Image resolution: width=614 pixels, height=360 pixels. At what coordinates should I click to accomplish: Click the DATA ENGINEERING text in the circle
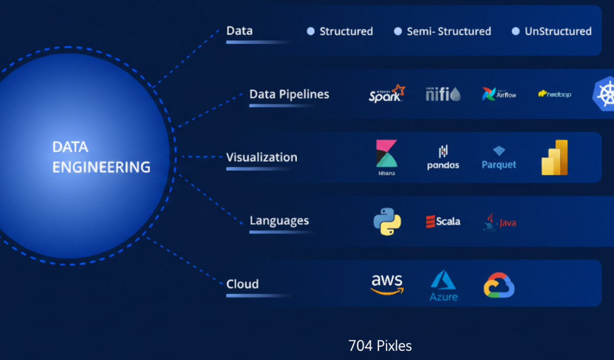click(x=101, y=157)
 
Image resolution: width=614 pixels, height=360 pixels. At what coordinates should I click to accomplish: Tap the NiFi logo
click(x=443, y=94)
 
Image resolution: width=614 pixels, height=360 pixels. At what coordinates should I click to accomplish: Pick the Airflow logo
click(x=499, y=94)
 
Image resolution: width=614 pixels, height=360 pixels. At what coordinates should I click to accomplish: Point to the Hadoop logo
click(x=555, y=95)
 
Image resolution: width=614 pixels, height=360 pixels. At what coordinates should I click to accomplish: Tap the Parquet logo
click(x=499, y=159)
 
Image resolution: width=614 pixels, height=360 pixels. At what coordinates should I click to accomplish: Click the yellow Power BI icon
click(x=555, y=157)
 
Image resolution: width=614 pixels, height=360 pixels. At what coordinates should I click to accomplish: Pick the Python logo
click(x=387, y=221)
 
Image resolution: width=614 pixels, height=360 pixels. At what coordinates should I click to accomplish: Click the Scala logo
click(x=443, y=221)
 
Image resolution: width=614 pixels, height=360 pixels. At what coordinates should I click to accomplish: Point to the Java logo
click(x=499, y=222)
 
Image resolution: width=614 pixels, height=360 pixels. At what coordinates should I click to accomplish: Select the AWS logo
click(x=387, y=284)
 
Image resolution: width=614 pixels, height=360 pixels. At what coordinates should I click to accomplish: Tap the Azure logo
click(x=443, y=285)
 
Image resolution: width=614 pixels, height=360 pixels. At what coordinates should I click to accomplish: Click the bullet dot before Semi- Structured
click(x=398, y=32)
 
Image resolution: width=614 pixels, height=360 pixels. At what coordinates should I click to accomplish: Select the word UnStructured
click(x=558, y=32)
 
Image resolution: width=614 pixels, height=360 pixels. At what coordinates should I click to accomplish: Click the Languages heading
click(x=279, y=221)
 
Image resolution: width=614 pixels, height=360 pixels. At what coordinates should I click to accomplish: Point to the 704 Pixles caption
click(x=380, y=346)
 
